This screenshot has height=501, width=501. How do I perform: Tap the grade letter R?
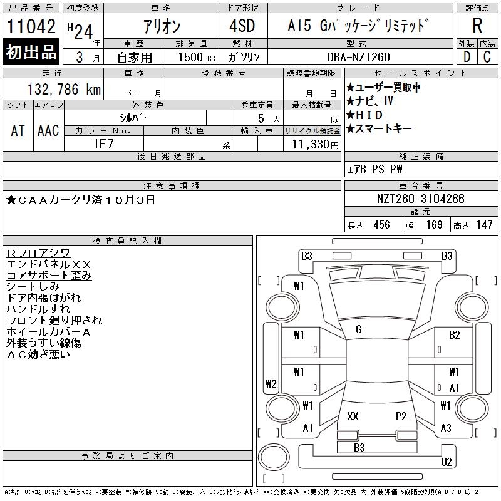coord(477,26)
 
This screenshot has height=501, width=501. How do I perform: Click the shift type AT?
coord(18,130)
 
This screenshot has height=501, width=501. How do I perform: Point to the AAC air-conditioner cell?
coord(48,130)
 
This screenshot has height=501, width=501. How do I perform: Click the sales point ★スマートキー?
coord(379,128)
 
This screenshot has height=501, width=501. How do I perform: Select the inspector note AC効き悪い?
coord(38,354)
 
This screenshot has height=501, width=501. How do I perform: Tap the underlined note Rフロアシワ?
coord(37,253)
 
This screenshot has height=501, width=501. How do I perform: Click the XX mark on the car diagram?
coord(353,416)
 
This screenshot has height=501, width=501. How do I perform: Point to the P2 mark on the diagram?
coord(401,416)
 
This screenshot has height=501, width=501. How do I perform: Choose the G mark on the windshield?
coord(359,329)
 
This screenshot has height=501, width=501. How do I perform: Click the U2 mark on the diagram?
coord(446,462)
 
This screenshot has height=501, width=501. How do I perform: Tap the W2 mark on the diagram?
coord(271,384)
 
